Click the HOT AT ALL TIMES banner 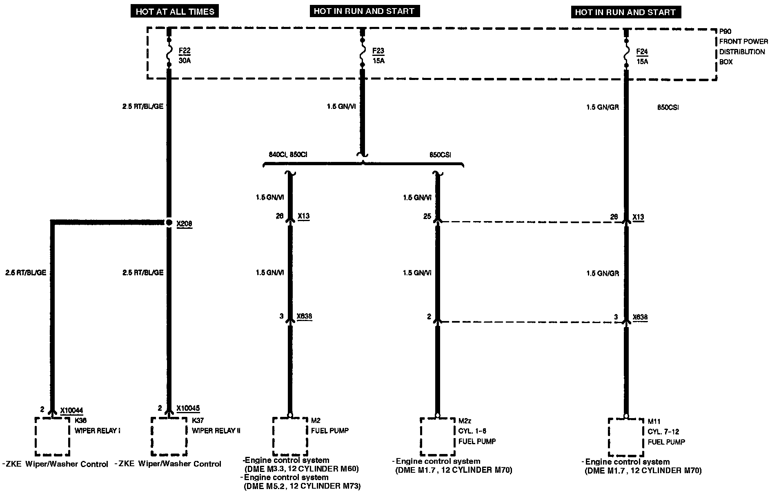pos(175,11)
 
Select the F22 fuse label pos(185,51)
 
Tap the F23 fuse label pos(378,51)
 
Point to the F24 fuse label pos(642,52)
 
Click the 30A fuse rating pos(185,61)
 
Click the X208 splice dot pos(169,223)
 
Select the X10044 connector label pos(71,410)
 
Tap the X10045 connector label pos(188,408)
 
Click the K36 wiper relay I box pos(52,436)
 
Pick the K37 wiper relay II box pos(169,436)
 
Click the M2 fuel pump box pos(290,436)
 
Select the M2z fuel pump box pos(437,436)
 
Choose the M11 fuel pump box pos(625,437)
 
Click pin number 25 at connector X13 pos(427,217)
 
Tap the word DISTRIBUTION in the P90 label pos(742,52)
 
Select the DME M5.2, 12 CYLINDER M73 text pos(302,486)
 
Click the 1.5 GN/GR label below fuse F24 pos(603,108)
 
